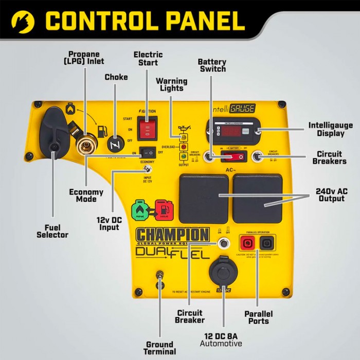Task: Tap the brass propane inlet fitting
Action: coord(84,145)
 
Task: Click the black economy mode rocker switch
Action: coord(149,152)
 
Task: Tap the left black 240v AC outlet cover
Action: coord(204,198)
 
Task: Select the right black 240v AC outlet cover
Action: coord(258,198)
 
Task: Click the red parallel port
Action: coord(248,243)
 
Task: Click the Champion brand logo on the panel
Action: coord(173,235)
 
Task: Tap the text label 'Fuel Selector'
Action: coord(52,231)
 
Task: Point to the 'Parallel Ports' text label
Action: coord(258,317)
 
